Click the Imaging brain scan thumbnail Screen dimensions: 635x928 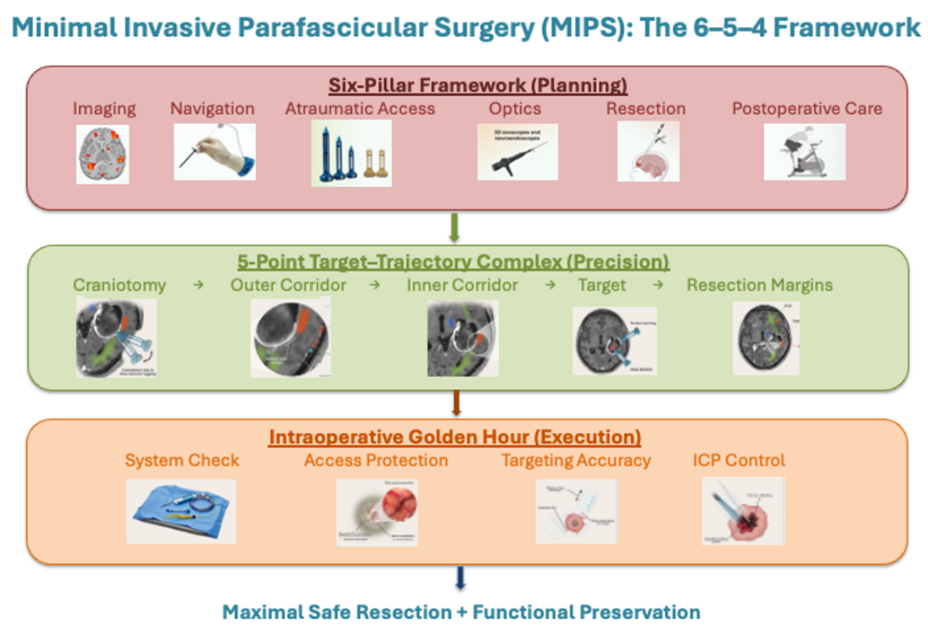(x=102, y=153)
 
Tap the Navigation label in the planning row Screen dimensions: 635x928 (x=212, y=109)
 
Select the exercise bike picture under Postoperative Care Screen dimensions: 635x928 (x=804, y=152)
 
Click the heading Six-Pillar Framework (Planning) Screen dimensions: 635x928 (x=477, y=85)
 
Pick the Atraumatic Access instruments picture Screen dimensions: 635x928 (x=351, y=153)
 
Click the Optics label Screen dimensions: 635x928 (x=515, y=109)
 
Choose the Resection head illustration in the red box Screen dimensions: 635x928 (x=648, y=152)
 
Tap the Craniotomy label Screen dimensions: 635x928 (x=119, y=285)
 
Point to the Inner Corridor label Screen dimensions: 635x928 (x=462, y=285)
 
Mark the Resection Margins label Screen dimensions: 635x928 (x=759, y=285)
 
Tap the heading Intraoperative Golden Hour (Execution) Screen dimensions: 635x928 (x=455, y=437)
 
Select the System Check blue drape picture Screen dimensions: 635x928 (x=181, y=511)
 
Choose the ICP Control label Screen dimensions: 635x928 (x=739, y=460)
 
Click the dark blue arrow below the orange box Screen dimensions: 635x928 (x=460, y=578)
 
